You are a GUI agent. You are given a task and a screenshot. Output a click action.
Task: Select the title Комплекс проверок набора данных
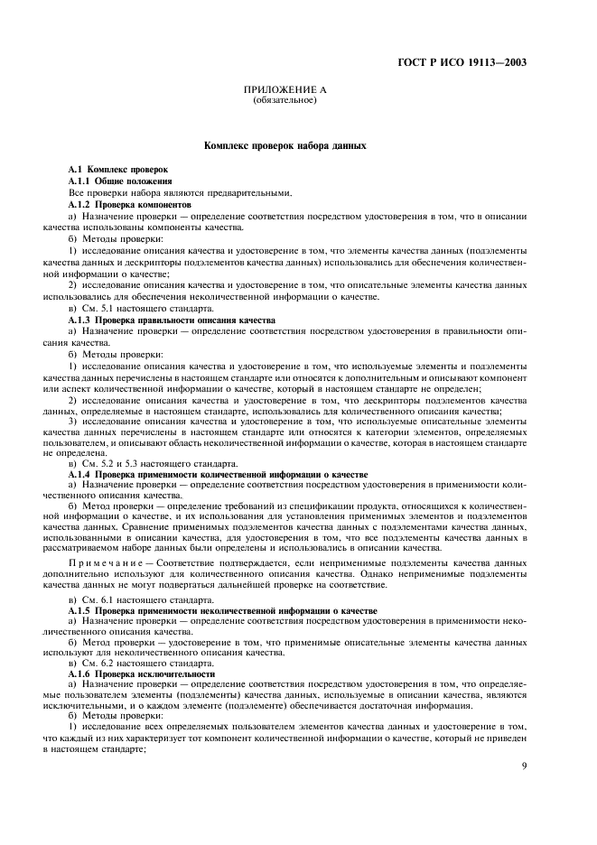(x=285, y=144)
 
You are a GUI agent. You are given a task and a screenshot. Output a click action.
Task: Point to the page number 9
(x=525, y=766)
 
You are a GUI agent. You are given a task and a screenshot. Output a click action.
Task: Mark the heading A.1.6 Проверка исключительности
(x=142, y=673)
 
